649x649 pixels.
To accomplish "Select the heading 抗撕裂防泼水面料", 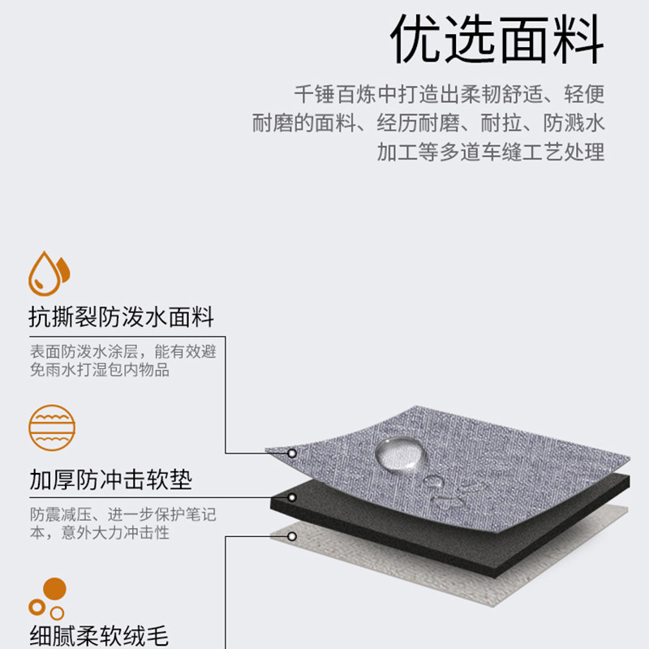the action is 121,316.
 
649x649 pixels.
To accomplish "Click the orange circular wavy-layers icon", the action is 51,427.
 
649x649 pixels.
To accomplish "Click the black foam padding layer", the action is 454,519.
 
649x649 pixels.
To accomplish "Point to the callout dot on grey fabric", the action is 292,453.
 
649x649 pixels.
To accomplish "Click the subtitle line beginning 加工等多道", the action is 490,153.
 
